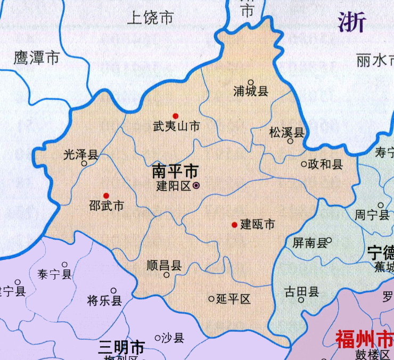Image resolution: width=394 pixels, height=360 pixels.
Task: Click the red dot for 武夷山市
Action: (175, 116)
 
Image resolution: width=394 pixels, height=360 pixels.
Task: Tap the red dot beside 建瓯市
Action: (234, 225)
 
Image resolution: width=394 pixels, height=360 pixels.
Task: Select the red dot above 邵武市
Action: (106, 195)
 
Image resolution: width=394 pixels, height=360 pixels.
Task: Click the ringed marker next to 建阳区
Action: (196, 186)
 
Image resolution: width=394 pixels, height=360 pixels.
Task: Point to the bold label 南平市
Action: (175, 171)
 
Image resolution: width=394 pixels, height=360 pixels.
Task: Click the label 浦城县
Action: (251, 92)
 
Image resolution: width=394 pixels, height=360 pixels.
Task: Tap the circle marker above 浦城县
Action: (250, 82)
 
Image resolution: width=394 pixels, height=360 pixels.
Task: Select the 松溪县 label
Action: (286, 132)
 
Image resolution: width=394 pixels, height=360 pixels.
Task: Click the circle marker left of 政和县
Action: (304, 165)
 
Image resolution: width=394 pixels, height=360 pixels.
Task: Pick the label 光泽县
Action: (80, 154)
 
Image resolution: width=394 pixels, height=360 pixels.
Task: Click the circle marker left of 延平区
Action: (211, 299)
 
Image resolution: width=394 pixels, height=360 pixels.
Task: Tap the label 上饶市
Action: (151, 18)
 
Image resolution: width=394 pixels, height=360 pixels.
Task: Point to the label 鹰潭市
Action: (36, 59)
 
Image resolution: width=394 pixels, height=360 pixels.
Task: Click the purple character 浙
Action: (352, 23)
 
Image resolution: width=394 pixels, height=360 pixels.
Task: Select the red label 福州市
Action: (365, 338)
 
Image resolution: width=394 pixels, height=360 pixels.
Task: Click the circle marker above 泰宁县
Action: (65, 265)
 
